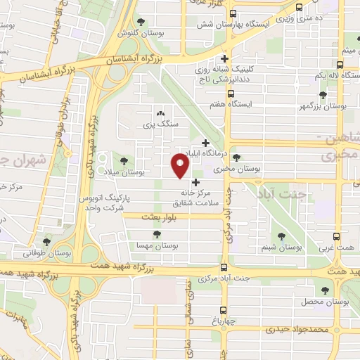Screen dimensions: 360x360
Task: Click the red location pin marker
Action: [181, 167]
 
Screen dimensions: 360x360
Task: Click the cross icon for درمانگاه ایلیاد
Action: [205, 143]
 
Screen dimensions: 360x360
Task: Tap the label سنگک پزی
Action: [158, 124]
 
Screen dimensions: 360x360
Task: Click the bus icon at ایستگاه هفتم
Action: [230, 93]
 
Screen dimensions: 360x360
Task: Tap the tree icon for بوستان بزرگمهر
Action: [323, 94]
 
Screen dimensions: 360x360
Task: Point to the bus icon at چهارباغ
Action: [224, 309]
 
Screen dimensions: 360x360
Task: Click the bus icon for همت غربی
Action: [337, 237]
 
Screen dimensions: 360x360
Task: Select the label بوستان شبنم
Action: [281, 247]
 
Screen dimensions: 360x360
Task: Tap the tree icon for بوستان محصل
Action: [325, 290]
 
